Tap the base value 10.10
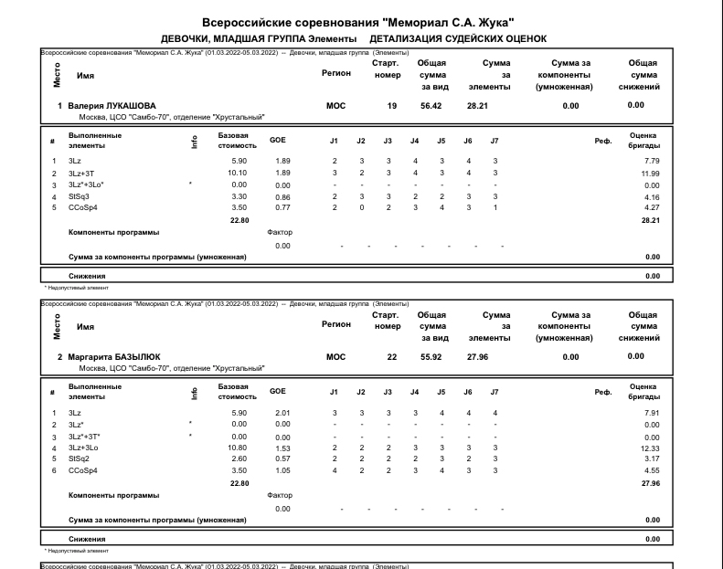click(x=236, y=173)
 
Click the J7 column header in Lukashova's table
click(x=494, y=140)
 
